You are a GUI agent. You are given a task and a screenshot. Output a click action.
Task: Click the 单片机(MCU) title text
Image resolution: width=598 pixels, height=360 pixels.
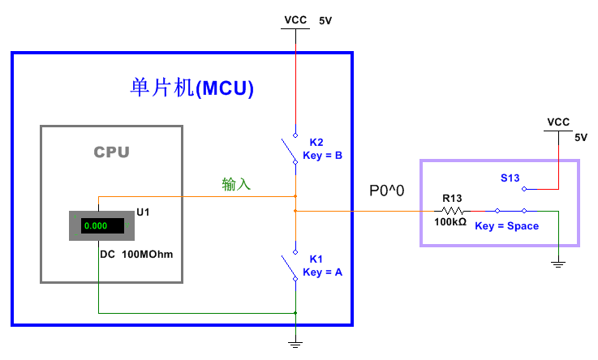tap(192, 88)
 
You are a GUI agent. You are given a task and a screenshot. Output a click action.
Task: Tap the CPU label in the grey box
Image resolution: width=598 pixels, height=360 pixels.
tap(111, 152)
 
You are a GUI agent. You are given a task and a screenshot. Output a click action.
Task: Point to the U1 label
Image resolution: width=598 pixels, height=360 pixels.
tap(143, 212)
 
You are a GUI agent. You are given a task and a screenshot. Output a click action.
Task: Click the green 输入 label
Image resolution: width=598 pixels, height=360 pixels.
tap(236, 185)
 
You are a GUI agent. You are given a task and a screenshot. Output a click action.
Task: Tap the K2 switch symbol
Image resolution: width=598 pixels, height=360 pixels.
tap(290, 150)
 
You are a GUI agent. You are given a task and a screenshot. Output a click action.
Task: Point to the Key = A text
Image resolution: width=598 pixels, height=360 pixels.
tap(322, 272)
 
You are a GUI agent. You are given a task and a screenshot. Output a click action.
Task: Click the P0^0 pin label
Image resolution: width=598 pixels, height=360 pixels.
tap(387, 191)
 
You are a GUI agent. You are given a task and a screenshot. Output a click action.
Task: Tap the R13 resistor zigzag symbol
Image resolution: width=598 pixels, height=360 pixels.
tap(452, 211)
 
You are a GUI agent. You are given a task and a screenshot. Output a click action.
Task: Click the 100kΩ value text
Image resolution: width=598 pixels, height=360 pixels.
tap(450, 222)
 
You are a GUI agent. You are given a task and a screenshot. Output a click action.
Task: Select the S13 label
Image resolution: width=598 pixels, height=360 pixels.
tap(510, 178)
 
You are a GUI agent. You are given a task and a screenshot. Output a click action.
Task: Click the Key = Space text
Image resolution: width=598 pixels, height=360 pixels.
tap(506, 226)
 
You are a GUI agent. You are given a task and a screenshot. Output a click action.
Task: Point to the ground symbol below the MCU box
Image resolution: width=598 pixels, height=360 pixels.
tap(295, 344)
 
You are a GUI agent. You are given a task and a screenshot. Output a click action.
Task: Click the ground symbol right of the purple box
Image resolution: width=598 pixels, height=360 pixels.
tap(558, 264)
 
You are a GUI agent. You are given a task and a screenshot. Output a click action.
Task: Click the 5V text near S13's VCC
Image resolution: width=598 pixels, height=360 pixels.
tap(580, 138)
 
